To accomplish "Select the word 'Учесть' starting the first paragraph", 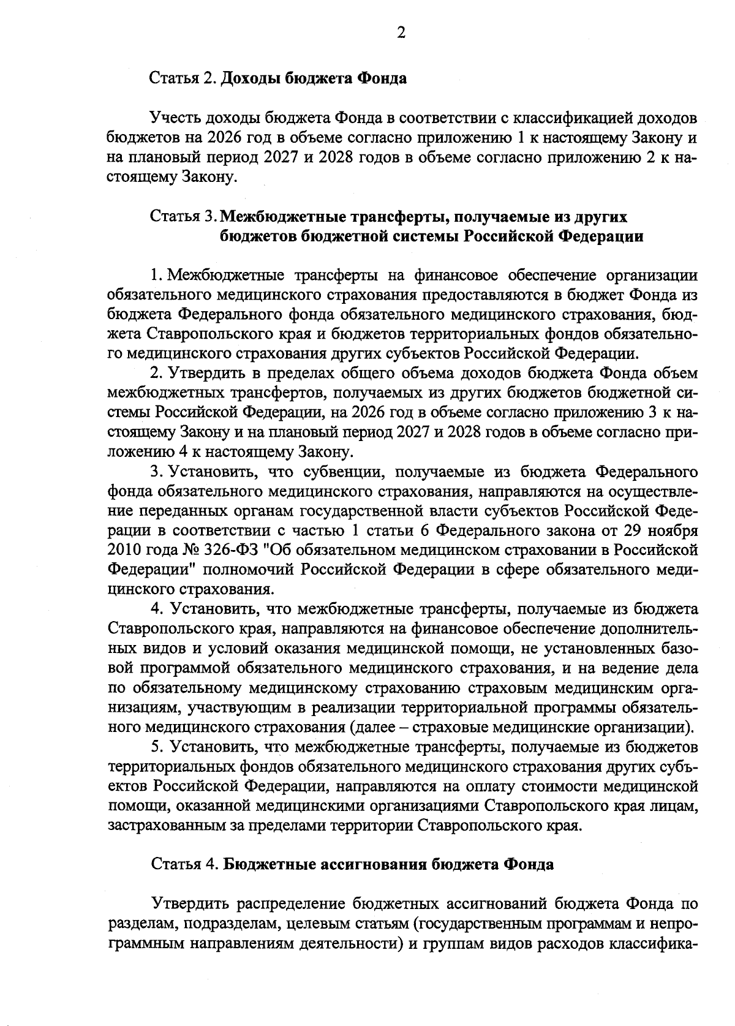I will click(178, 118).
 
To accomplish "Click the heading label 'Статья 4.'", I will click(184, 864).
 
